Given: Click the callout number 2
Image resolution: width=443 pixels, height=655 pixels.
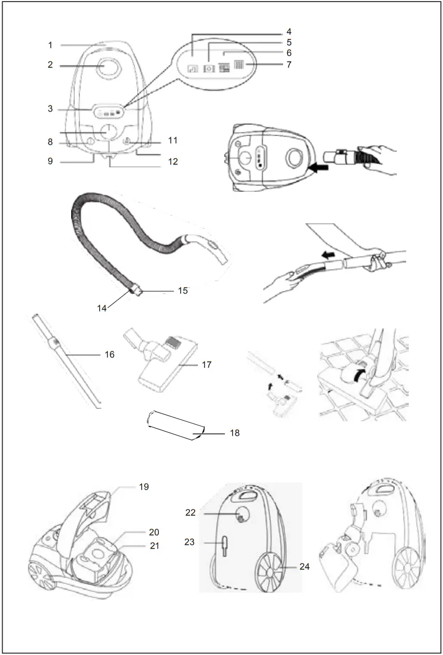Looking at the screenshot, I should (50, 66).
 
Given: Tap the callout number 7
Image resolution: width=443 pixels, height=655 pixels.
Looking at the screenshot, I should (289, 65).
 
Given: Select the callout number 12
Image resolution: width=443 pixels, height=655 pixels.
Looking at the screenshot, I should (173, 162).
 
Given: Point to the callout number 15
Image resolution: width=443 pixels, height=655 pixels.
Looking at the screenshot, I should (182, 291).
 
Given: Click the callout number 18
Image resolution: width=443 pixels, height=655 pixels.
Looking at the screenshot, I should (235, 433).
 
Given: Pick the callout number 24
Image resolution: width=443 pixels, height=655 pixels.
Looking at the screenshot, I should (304, 567).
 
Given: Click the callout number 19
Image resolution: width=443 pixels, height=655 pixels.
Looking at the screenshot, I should (144, 487).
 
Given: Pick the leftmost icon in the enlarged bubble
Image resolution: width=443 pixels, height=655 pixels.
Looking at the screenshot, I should (193, 68).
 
